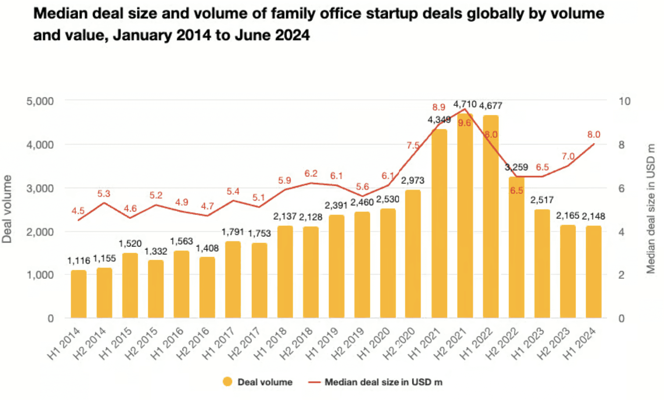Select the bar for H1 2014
click(79, 294)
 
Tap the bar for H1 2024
click(593, 272)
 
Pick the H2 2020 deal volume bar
click(413, 254)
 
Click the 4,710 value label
click(465, 104)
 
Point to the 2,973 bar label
click(412, 180)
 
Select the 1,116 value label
click(79, 261)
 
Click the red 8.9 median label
click(439, 107)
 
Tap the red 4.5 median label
click(78, 211)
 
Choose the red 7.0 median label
click(568, 157)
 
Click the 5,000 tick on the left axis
click(40, 101)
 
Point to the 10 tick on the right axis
click(624, 101)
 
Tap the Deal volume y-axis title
click(7, 209)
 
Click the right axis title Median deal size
click(651, 209)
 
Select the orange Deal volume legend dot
click(227, 382)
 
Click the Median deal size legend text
click(383, 382)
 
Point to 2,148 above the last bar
click(593, 216)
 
